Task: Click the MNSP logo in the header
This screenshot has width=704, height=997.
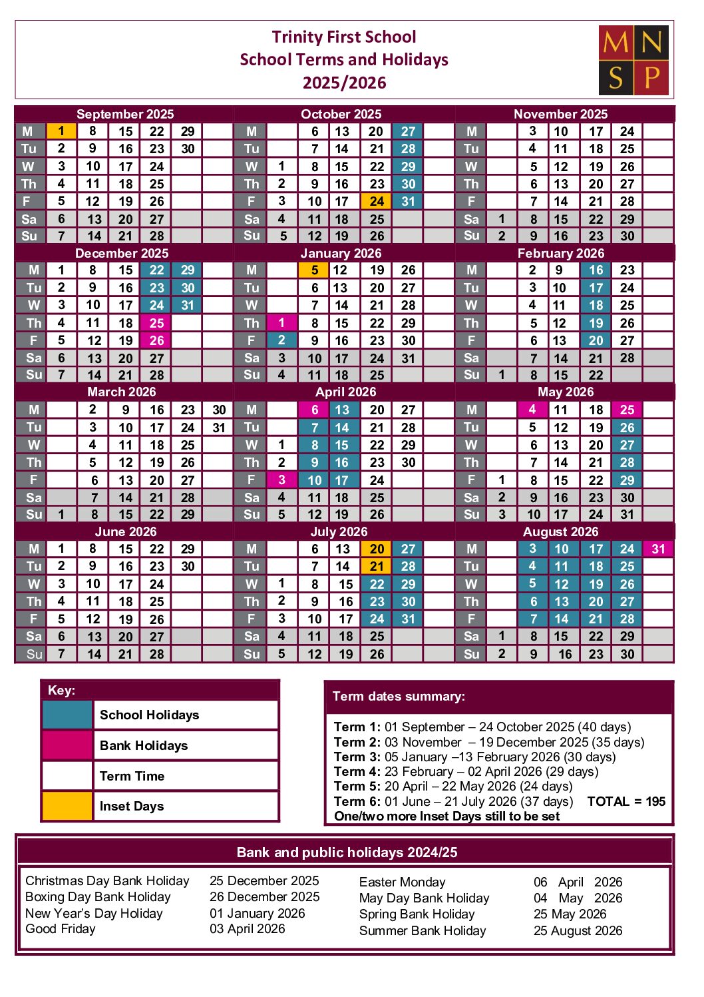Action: pos(633,60)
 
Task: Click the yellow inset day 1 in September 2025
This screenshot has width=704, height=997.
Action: pos(61,131)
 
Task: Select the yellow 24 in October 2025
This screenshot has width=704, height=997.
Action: pos(377,201)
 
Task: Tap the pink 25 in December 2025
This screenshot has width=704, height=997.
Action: pos(156,323)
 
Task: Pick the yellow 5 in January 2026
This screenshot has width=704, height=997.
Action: pos(314,270)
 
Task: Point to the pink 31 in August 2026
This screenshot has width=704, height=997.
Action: pos(658,549)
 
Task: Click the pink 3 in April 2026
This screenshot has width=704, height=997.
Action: pos(281,480)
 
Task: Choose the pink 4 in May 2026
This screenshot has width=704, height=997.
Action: pos(532,410)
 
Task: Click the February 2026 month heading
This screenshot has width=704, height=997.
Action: pos(560,253)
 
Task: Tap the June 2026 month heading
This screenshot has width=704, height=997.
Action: pos(125,531)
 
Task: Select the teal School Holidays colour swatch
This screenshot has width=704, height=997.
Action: pos(67,715)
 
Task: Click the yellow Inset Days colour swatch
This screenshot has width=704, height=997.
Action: pos(67,806)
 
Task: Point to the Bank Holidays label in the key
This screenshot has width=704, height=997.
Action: pos(144,745)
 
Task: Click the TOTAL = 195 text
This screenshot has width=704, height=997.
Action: pos(625,801)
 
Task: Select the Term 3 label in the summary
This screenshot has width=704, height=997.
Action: pos(357,757)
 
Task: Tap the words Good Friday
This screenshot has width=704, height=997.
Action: pos(61,929)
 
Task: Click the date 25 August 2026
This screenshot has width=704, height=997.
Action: pos(578,930)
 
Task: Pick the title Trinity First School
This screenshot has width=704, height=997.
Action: pos(343,37)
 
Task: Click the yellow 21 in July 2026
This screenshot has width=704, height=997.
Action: pos(377,566)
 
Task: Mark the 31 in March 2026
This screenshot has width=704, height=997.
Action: pos(219,428)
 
